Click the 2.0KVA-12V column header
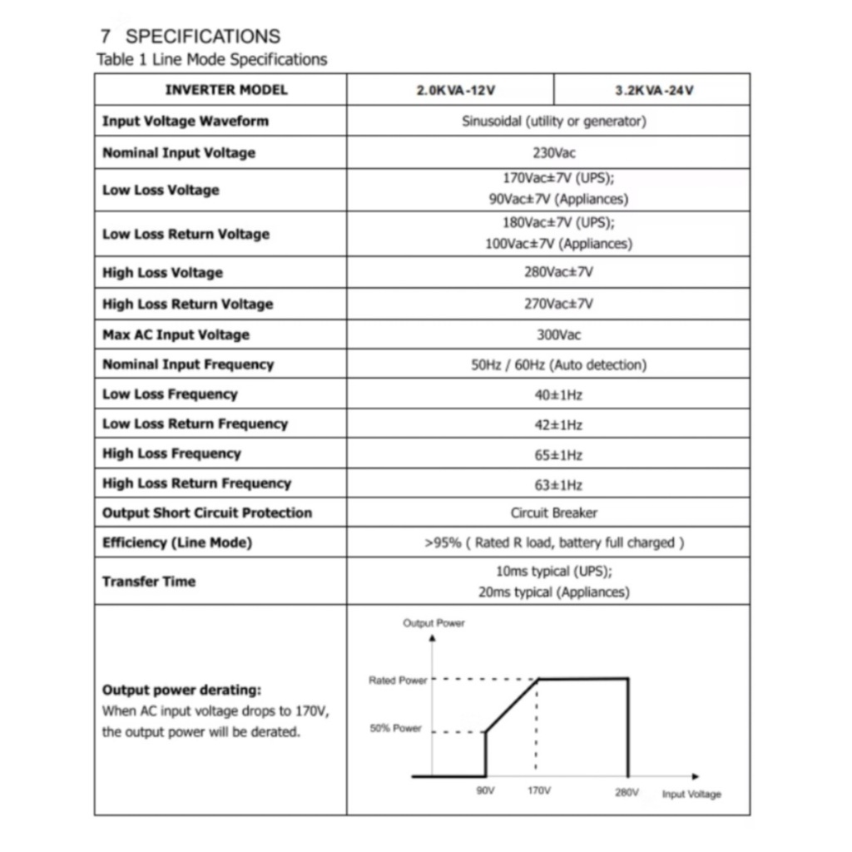click(x=449, y=90)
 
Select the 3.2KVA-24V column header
click(x=653, y=90)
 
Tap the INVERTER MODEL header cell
click(x=225, y=90)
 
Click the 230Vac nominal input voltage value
click(x=553, y=153)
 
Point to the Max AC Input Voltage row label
click(x=176, y=334)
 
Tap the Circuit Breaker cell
click(x=554, y=513)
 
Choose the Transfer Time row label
click(x=149, y=582)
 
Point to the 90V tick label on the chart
click(x=485, y=791)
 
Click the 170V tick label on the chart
click(x=538, y=791)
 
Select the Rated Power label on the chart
click(x=398, y=681)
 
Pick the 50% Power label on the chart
click(x=396, y=729)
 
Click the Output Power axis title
click(x=433, y=623)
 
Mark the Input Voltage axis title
click(x=691, y=794)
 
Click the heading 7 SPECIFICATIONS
click(x=191, y=36)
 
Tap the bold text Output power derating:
click(x=181, y=690)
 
